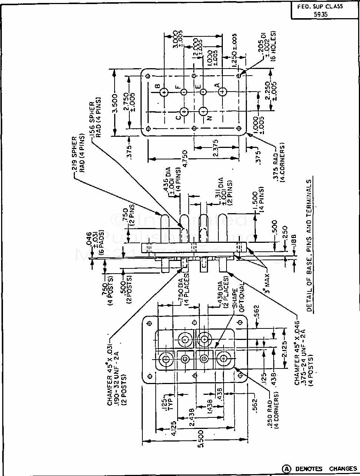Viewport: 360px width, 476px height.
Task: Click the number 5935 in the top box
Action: tap(318, 15)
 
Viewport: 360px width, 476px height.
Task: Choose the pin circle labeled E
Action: tap(203, 92)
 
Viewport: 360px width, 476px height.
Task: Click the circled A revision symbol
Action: tap(287, 469)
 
